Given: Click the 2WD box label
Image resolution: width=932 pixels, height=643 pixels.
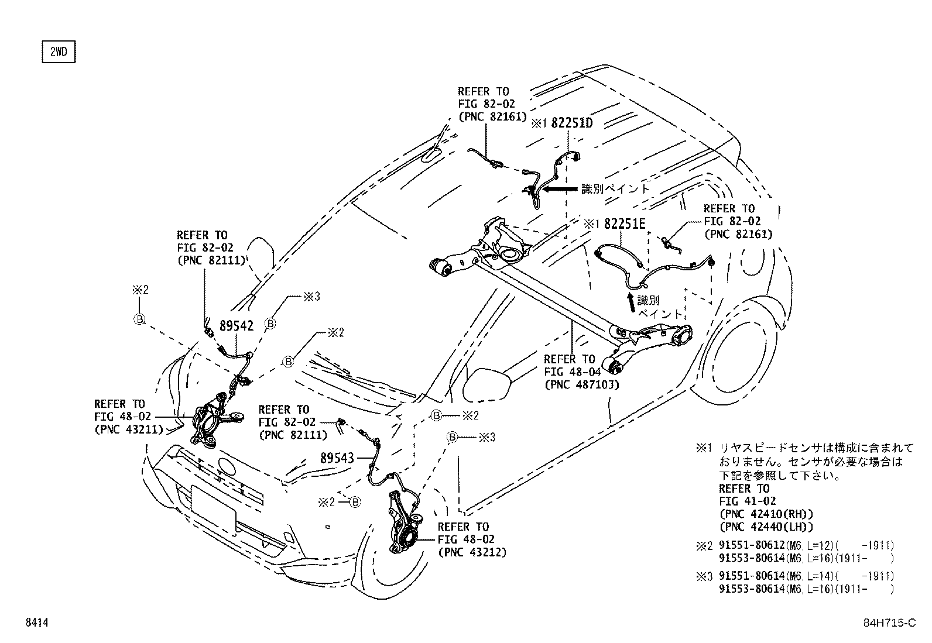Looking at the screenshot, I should click(x=59, y=52).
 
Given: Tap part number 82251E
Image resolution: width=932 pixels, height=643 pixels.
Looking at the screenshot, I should click(x=625, y=223).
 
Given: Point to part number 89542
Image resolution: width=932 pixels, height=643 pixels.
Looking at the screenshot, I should click(x=237, y=326).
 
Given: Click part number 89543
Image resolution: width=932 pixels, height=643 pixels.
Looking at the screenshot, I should click(x=337, y=458).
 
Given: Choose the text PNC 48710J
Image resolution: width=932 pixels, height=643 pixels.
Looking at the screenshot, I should click(x=581, y=384).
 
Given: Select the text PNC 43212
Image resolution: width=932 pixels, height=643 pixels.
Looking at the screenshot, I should click(x=472, y=552).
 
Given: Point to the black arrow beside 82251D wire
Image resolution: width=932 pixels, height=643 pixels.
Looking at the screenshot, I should click(x=560, y=189).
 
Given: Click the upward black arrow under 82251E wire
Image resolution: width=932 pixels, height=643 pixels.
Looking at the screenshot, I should click(x=631, y=302).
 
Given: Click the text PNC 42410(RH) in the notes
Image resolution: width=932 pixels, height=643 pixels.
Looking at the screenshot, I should click(x=766, y=514).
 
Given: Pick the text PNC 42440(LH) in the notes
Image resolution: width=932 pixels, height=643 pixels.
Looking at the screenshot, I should click(x=766, y=527).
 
